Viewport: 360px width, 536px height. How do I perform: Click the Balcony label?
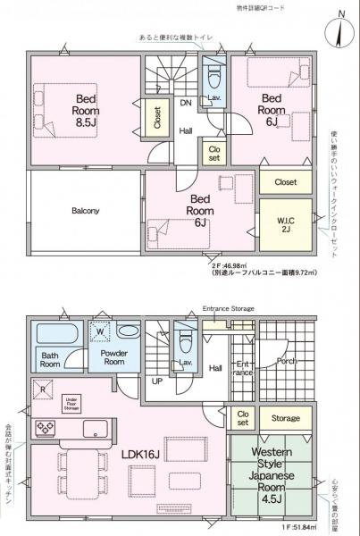coord(85,211)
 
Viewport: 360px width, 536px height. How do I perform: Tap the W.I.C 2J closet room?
coord(286,221)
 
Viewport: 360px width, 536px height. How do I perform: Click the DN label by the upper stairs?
coord(186,103)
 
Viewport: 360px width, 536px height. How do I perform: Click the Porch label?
coord(286,362)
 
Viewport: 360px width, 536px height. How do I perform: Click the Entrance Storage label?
coord(229,308)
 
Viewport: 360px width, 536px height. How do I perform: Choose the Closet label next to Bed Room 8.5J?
coord(157,120)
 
